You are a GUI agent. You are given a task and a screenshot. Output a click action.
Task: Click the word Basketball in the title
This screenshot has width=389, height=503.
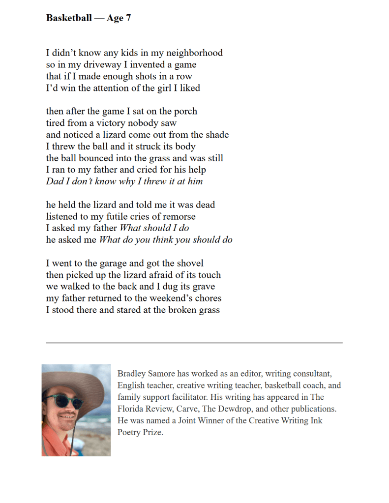(69, 18)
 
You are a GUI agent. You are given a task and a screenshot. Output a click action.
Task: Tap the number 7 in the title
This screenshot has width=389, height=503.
(128, 18)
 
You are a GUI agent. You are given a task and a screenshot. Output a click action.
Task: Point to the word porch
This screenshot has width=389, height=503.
(184, 112)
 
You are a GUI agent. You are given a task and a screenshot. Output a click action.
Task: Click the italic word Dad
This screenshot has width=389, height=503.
(55, 181)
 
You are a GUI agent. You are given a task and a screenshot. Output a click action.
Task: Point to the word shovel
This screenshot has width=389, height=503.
(189, 264)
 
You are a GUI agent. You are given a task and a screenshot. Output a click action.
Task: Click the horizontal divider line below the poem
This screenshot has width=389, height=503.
(194, 343)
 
